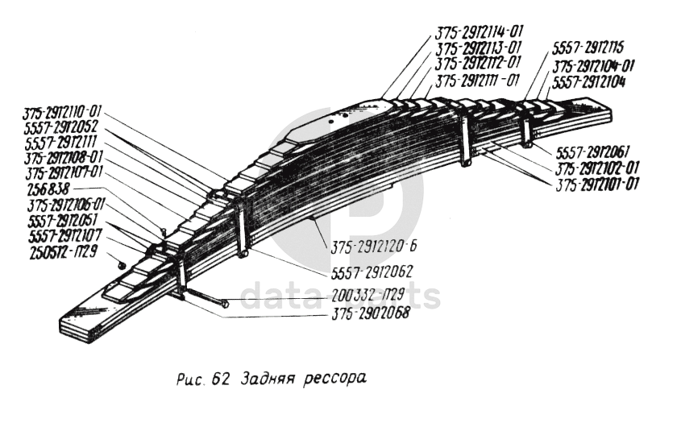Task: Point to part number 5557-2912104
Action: (x=589, y=81)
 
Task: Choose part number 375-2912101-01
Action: (x=597, y=184)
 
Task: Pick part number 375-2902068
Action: (x=371, y=313)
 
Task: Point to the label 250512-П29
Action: (x=62, y=251)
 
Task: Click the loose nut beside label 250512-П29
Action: (x=118, y=259)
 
